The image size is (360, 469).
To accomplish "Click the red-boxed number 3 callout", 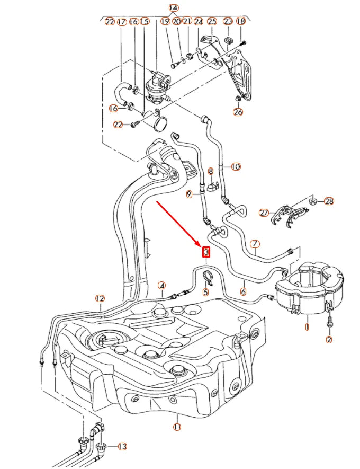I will click(206, 252).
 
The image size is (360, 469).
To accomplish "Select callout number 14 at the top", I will click(174, 8).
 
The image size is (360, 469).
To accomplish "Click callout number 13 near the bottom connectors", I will click(122, 446).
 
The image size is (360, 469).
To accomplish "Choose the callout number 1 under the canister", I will click(307, 327).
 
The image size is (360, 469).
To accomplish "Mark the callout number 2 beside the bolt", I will click(329, 340).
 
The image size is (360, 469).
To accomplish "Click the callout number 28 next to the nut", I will click(329, 201).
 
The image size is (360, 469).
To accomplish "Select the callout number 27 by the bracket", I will click(264, 213).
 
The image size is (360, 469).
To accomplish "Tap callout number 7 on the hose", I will click(255, 244).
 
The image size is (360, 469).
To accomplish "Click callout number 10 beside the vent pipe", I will click(235, 166).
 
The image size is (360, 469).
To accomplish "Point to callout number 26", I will click(238, 112).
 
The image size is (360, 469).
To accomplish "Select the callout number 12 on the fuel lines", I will click(100, 298).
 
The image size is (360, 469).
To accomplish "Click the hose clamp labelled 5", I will click(208, 276).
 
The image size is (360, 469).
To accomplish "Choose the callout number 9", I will click(189, 195).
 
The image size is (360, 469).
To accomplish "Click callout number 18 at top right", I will click(240, 21).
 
